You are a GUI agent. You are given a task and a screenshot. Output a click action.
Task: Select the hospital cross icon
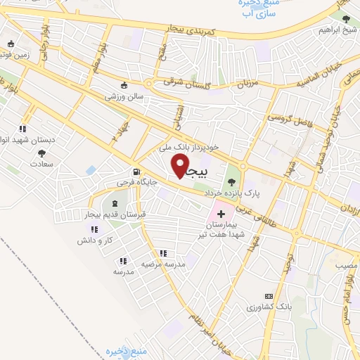(x=221, y=212)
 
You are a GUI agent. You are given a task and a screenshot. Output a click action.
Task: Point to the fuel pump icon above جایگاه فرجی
(x=134, y=172)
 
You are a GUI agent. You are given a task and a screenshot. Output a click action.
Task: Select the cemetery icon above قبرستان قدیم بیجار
(x=115, y=202)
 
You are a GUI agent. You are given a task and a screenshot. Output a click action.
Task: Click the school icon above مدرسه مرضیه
(x=163, y=253)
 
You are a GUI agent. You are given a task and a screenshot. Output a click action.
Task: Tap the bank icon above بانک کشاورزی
(x=267, y=296)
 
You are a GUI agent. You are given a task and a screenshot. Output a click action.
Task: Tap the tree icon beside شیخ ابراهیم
(x=345, y=18)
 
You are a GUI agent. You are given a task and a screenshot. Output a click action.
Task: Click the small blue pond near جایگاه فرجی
(x=91, y=170)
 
